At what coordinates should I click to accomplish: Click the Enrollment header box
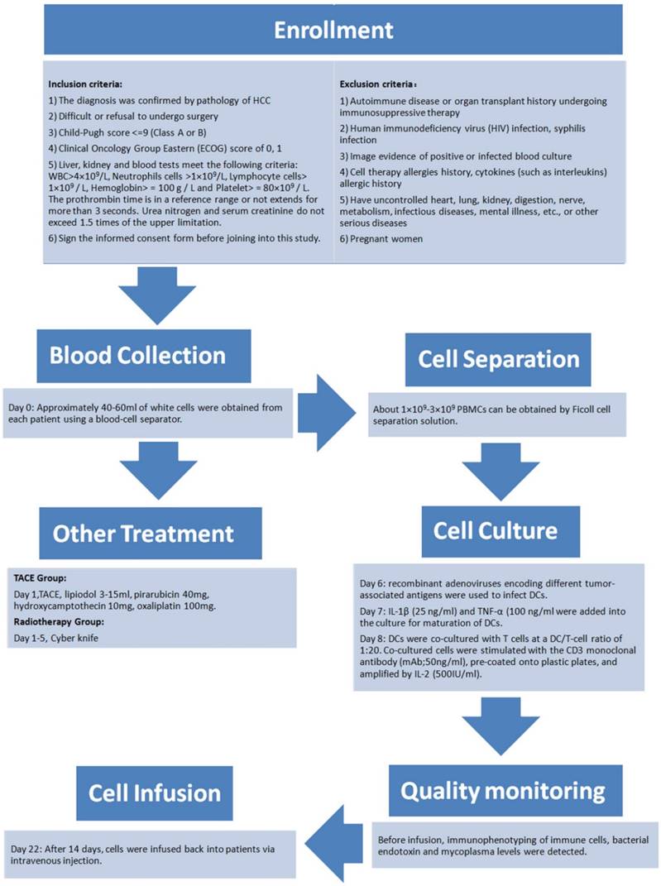click(x=334, y=31)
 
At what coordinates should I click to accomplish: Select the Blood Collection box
click(x=137, y=355)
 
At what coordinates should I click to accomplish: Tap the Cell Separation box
click(x=497, y=359)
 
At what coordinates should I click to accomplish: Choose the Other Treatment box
click(x=143, y=533)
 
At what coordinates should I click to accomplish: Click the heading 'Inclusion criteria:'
click(x=85, y=84)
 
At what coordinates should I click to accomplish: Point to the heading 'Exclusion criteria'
click(x=377, y=84)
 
